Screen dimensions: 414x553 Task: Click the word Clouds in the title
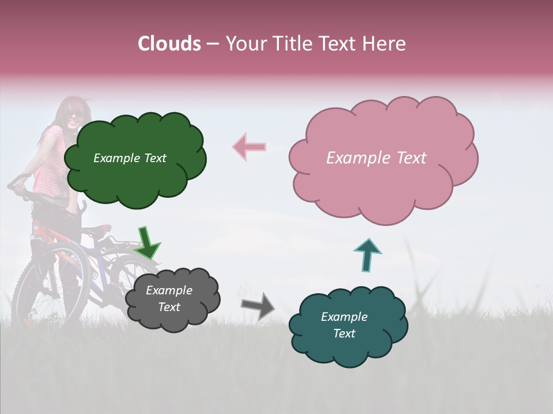coord(169,44)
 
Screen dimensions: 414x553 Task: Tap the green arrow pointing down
coord(147,243)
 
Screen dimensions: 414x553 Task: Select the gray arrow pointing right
coord(258,306)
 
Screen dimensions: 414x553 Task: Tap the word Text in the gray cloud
coord(169,307)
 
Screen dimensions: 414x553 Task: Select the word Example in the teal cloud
coord(344,317)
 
